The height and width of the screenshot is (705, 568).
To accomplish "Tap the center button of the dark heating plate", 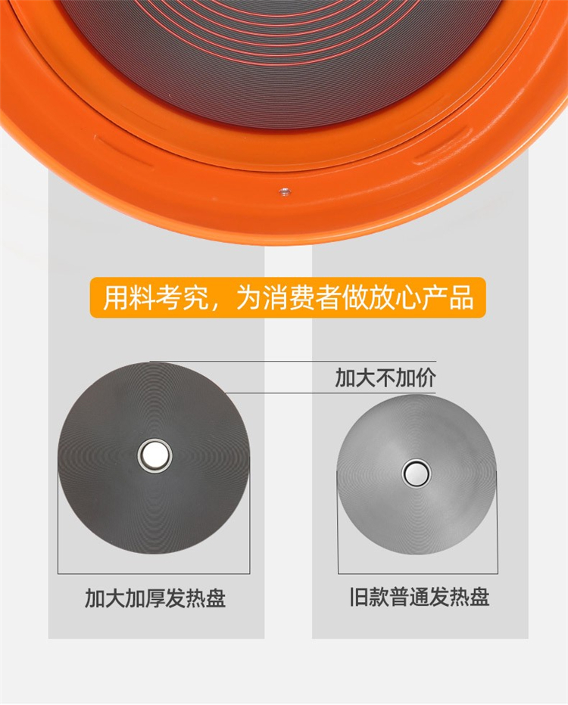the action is [x=154, y=455].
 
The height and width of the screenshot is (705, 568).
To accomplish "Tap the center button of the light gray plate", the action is [x=417, y=473].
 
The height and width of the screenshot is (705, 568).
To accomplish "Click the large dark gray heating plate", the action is [x=154, y=458].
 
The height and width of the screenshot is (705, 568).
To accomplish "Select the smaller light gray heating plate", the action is [x=417, y=474].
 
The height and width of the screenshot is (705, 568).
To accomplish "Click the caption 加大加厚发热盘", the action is [x=155, y=598].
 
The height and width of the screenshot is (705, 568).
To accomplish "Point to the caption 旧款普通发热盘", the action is [x=420, y=597].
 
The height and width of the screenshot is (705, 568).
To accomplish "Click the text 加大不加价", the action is [x=385, y=377].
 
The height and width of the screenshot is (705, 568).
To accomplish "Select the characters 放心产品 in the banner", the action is [x=421, y=297].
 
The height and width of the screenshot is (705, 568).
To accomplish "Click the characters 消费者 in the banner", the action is [x=302, y=297].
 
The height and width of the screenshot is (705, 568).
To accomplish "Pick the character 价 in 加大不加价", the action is [x=426, y=377].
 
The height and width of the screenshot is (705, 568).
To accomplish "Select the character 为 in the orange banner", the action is [x=249, y=297].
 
